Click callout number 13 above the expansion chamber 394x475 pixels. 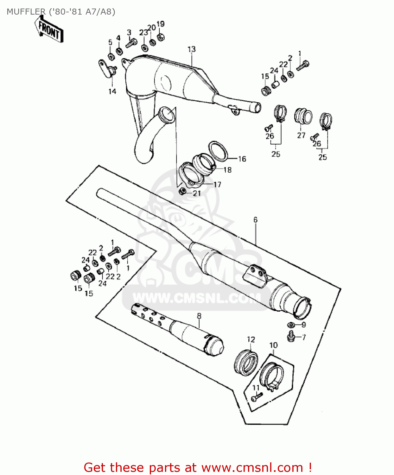(x=192, y=49)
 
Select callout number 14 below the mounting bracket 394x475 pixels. (x=112, y=92)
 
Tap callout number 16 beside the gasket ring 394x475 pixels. (x=242, y=159)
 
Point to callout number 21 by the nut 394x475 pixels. (x=197, y=193)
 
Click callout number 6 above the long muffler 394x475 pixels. (x=255, y=220)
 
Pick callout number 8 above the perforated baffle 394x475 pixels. (x=199, y=316)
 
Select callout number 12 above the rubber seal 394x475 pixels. (x=251, y=340)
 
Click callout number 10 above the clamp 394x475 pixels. (x=273, y=345)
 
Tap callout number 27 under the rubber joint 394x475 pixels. (x=301, y=135)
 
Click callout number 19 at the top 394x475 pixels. (x=161, y=24)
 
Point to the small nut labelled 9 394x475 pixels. (x=290, y=325)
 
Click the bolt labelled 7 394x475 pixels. (x=291, y=337)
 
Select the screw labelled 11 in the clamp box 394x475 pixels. (x=256, y=396)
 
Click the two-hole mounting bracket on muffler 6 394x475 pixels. (x=256, y=273)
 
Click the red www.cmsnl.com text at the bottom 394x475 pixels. (x=252, y=468)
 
